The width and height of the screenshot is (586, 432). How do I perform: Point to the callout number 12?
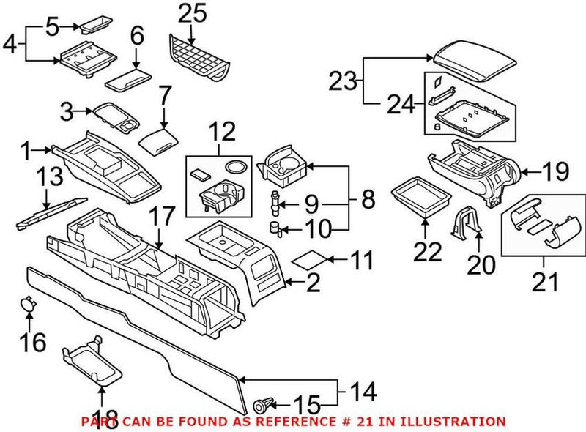pos(222,133)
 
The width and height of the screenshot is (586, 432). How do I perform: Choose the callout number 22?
pos(428,251)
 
